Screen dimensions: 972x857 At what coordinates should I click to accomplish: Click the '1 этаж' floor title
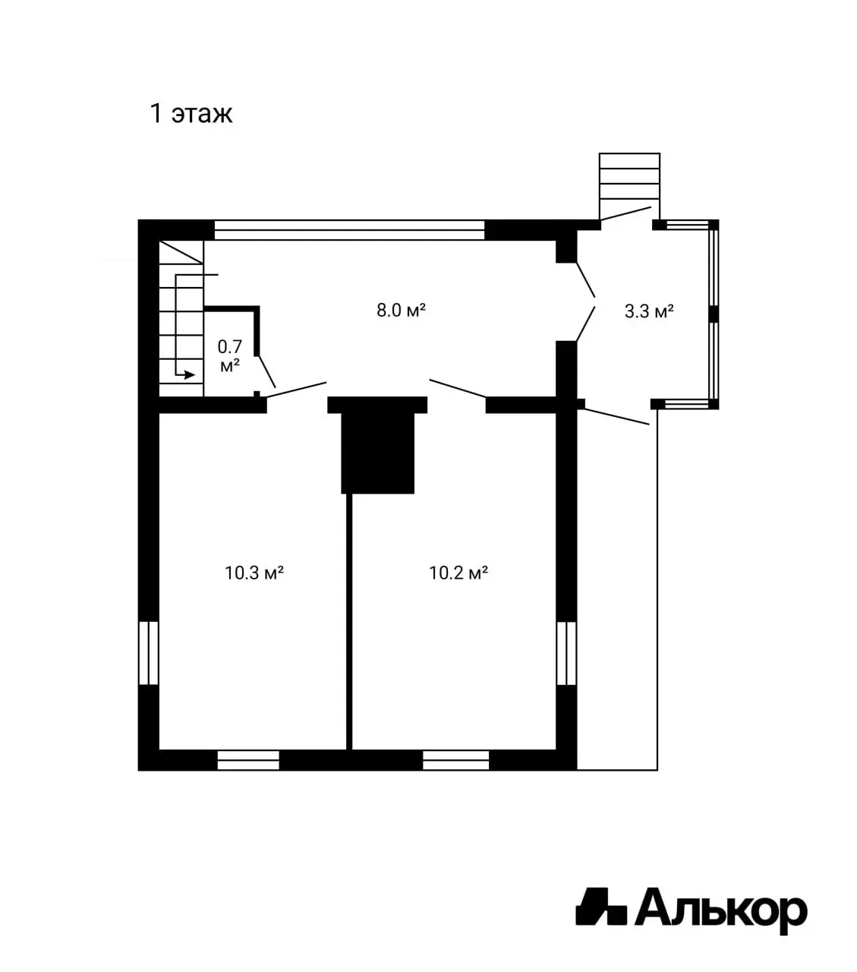pos(191,113)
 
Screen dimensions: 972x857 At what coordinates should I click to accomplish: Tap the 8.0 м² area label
pos(401,310)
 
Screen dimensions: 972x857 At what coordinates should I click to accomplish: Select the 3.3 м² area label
pos(649,311)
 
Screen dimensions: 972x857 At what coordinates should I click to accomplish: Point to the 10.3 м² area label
pos(254,573)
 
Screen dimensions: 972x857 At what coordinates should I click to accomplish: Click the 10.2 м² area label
pos(458,573)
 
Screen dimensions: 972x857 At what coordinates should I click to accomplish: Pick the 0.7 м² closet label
pos(229,355)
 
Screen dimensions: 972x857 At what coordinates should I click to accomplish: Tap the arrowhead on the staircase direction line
pos(190,374)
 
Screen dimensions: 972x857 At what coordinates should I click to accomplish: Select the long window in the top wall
pos(349,229)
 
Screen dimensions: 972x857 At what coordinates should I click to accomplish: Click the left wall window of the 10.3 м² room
pos(149,653)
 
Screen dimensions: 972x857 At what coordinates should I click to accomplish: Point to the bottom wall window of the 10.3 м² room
pos(248,760)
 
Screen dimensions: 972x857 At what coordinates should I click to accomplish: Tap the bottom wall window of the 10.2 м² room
pos(455,760)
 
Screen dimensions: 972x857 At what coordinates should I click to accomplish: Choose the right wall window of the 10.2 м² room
pos(566,653)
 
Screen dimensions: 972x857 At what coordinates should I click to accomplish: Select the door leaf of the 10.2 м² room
pos(458,388)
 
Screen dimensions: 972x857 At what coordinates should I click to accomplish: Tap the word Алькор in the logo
pos(720,908)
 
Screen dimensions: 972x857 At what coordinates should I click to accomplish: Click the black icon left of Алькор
pos(600,907)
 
